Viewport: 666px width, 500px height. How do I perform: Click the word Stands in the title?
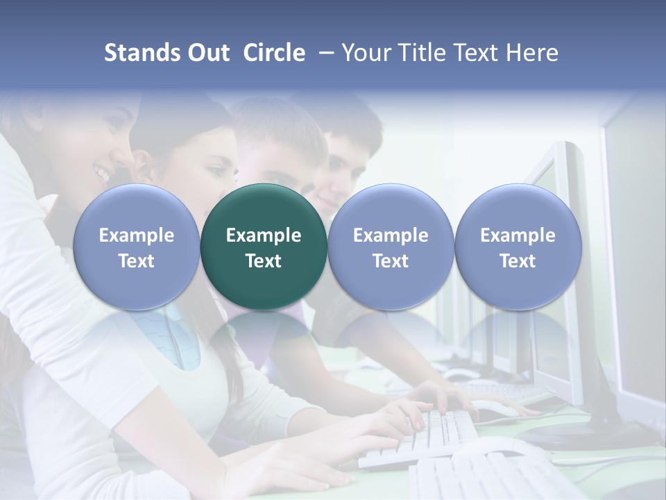click(x=142, y=53)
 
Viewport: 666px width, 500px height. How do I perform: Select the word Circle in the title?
click(x=274, y=53)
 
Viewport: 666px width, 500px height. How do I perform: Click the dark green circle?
click(x=264, y=247)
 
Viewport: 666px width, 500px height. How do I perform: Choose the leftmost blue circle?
click(x=136, y=247)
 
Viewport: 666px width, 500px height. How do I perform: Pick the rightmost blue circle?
click(x=518, y=247)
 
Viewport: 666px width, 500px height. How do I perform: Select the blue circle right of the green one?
click(x=391, y=247)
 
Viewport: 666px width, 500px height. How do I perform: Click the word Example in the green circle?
click(x=264, y=235)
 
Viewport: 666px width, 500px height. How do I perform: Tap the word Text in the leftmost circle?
click(x=136, y=261)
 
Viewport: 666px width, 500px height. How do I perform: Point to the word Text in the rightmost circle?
click(x=518, y=261)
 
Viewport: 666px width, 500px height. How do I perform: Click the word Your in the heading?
click(x=365, y=53)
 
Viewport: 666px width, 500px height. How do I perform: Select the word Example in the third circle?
click(x=391, y=235)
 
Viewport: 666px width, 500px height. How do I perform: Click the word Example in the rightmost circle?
click(x=518, y=235)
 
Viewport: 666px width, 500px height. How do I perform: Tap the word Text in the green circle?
click(x=264, y=261)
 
